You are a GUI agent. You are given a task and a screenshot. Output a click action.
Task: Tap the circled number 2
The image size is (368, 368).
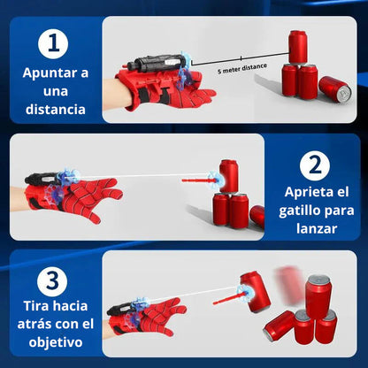click(314, 165)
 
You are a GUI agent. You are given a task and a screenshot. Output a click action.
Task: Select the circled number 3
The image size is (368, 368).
click(55, 280)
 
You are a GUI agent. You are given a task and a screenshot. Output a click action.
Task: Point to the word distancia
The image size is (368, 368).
click(55, 110)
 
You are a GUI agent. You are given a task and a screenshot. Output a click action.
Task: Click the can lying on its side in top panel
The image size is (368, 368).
click(335, 88)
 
